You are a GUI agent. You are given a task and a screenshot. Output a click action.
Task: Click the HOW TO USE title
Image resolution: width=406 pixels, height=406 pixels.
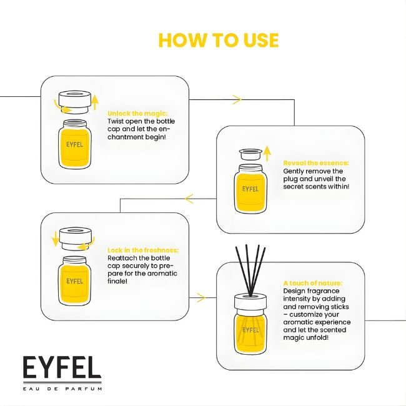pyautogui.click(x=218, y=40)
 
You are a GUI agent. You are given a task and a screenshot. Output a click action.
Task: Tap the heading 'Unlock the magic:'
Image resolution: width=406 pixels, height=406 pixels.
pyautogui.click(x=137, y=114)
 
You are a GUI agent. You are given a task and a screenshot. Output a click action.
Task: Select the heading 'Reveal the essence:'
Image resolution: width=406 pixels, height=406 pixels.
pyautogui.click(x=316, y=163)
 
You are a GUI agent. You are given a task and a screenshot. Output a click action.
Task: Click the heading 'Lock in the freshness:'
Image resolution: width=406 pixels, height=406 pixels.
pyautogui.click(x=143, y=250)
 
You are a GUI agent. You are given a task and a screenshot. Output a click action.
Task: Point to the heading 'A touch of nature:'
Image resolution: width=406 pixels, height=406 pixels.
pyautogui.click(x=312, y=283)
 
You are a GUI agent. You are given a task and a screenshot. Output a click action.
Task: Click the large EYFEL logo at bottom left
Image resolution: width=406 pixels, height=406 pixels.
pyautogui.click(x=62, y=367)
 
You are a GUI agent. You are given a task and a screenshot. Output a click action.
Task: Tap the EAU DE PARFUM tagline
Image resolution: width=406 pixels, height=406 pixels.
pyautogui.click(x=62, y=389)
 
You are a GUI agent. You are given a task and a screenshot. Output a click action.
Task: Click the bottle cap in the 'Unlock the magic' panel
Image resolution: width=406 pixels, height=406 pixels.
pyautogui.click(x=75, y=102)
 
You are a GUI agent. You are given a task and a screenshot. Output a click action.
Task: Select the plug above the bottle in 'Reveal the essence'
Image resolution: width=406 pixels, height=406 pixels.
pyautogui.click(x=250, y=154)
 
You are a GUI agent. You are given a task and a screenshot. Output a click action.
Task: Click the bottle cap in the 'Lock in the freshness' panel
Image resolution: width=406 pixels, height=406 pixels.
pyautogui.click(x=76, y=239)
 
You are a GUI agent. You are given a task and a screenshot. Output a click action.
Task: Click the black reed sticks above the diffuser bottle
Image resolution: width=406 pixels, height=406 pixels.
pyautogui.click(x=250, y=270)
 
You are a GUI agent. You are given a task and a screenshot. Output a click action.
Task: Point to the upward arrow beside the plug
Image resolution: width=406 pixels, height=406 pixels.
pyautogui.click(x=267, y=153)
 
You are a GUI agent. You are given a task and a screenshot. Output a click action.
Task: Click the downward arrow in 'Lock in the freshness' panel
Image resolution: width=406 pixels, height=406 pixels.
pyautogui.click(x=55, y=239)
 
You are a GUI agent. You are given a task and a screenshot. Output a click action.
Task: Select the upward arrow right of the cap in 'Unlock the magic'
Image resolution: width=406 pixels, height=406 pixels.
pyautogui.click(x=96, y=102)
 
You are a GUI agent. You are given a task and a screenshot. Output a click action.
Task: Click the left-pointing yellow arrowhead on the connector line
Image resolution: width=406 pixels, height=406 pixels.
pyautogui.click(x=189, y=199)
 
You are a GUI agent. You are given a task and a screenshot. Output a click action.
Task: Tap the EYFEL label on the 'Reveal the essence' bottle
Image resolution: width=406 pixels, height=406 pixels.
pyautogui.click(x=250, y=189)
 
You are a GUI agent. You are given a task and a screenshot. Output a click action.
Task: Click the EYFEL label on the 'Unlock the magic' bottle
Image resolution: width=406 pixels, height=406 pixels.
pyautogui.click(x=74, y=144)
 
